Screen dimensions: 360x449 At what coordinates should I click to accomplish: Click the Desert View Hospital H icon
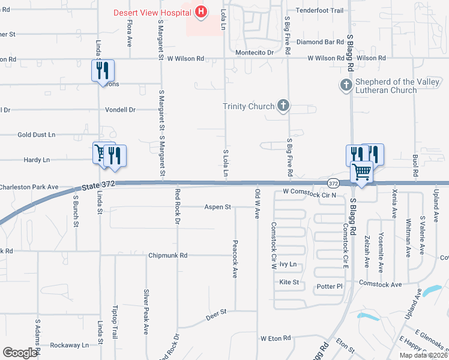(201, 11)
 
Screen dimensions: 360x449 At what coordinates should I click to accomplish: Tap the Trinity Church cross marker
(283, 106)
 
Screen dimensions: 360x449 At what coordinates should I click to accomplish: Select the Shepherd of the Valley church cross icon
(345, 85)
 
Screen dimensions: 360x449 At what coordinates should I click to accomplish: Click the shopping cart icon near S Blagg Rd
(361, 172)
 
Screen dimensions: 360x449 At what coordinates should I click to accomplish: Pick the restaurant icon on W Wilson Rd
(103, 70)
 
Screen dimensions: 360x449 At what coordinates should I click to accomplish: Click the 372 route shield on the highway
(334, 182)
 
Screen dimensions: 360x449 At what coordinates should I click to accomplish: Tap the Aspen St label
(218, 207)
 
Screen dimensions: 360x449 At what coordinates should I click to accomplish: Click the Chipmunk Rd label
(168, 256)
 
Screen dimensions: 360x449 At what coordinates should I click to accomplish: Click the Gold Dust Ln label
(36, 135)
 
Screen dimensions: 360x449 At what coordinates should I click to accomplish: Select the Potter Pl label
(329, 287)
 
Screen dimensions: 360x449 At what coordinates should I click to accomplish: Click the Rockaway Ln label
(69, 345)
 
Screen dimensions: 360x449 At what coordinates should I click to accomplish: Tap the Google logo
(20, 353)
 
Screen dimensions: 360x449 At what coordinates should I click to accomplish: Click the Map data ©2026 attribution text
(424, 355)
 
